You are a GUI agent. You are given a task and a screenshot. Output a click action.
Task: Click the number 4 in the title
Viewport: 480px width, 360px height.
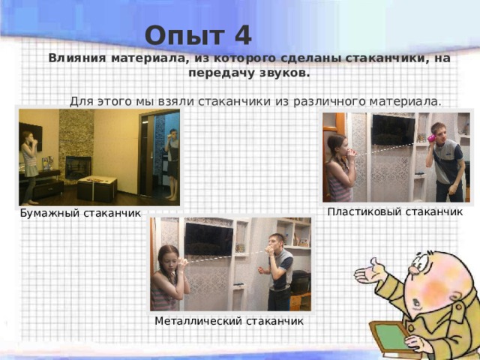242,35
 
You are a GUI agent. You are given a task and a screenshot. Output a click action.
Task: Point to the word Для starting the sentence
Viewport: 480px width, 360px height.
81,100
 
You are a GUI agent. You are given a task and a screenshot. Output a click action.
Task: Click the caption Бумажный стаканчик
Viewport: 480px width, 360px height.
80,214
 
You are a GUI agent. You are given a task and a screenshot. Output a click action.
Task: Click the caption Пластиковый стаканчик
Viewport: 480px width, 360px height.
395,212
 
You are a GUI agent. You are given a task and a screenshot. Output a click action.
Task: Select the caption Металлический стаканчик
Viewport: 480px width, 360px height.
229,321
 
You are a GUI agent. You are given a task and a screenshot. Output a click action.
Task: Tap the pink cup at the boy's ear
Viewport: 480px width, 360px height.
432,139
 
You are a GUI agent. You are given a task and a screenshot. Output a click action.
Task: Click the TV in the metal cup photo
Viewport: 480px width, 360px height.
208,239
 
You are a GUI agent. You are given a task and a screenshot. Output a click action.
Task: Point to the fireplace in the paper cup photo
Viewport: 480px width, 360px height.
77,166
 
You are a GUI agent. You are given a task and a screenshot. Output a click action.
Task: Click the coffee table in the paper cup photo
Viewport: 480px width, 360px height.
97,187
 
